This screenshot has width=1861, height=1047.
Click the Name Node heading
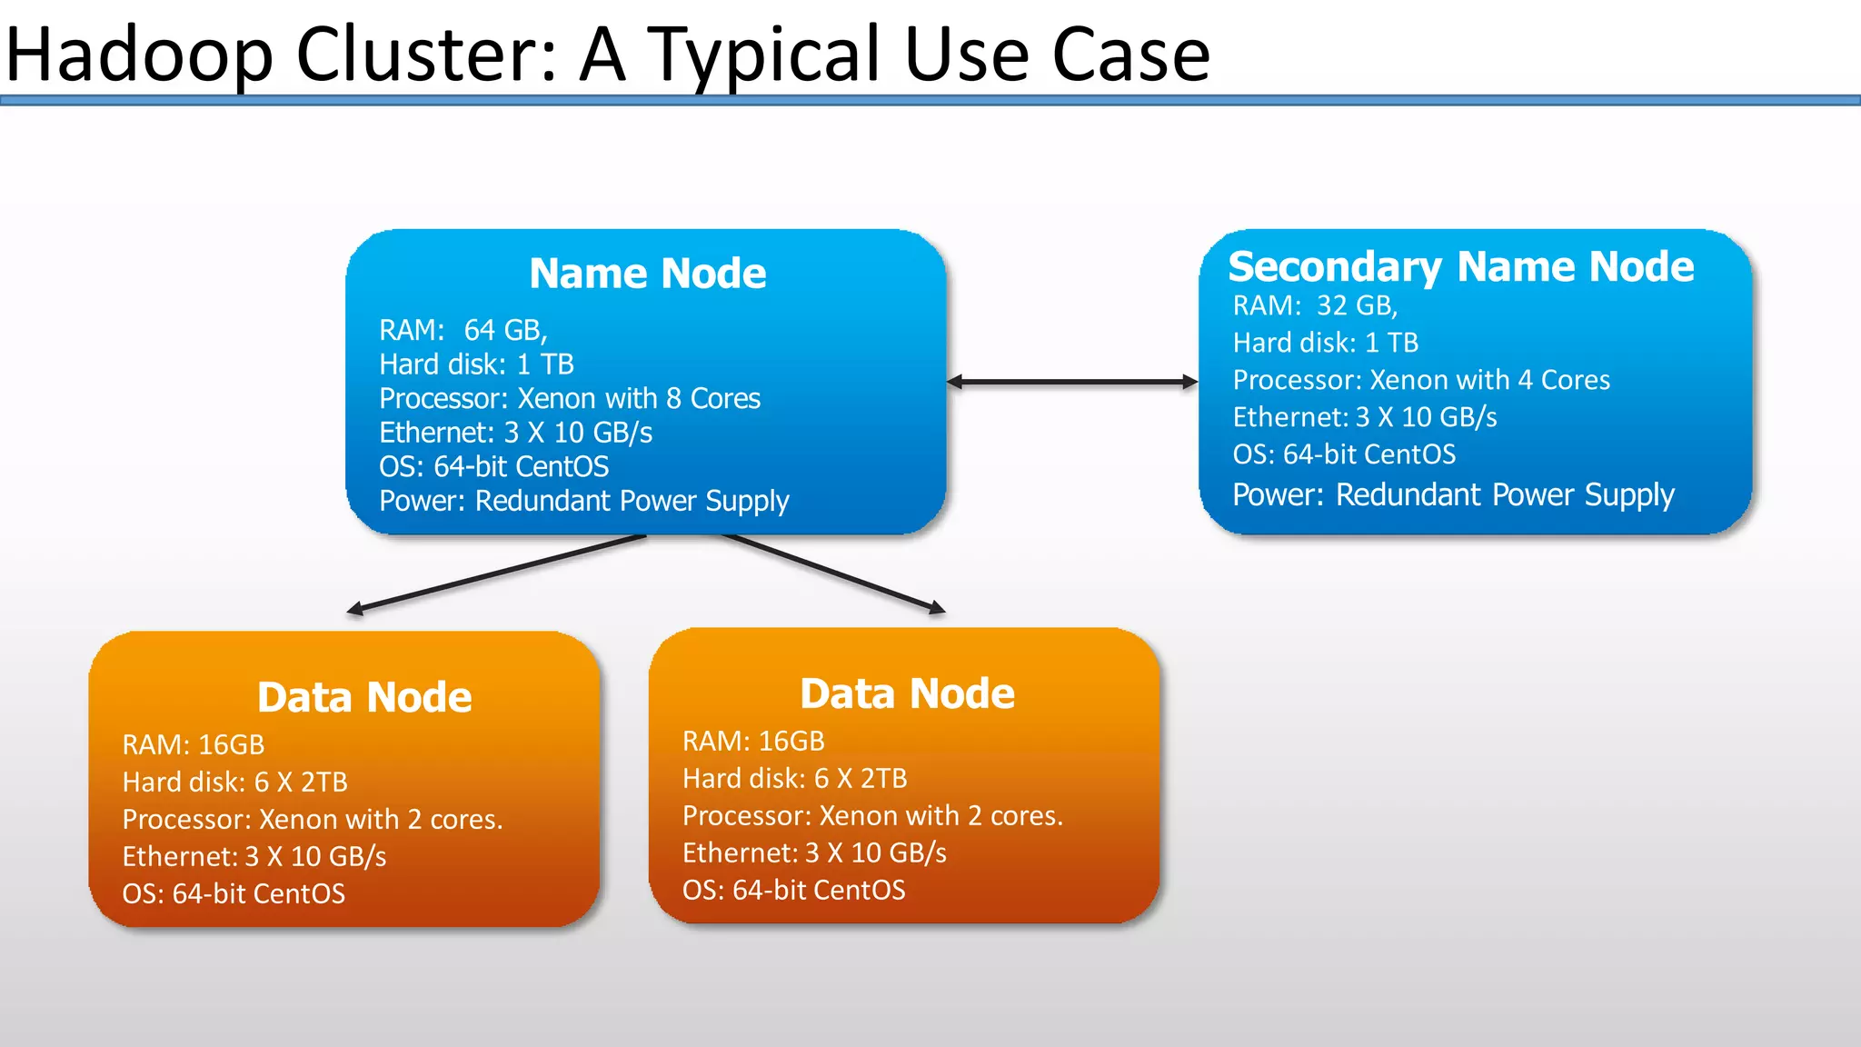[647, 274]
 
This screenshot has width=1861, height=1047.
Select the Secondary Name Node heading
[1460, 267]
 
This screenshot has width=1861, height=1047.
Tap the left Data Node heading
[364, 698]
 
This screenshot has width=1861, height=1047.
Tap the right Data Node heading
[907, 694]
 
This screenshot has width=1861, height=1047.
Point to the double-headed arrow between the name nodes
[1072, 382]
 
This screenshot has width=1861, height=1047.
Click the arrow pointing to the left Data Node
[495, 573]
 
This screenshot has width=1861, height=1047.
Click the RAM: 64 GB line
[463, 330]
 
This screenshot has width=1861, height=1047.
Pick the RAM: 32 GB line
[1314, 306]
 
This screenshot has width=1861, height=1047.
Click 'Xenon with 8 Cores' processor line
[569, 399]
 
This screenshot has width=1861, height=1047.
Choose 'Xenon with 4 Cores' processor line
[1420, 380]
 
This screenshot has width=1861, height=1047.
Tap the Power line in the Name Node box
[583, 501]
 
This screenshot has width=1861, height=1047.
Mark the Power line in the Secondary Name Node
[1452, 495]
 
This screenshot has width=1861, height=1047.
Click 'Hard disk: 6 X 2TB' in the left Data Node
[234, 783]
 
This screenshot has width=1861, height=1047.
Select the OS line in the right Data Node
[793, 890]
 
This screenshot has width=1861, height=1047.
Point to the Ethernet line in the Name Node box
[515, 433]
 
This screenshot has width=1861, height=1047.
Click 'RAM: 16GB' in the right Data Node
[752, 742]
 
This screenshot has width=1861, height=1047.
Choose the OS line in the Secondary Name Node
[1343, 454]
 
